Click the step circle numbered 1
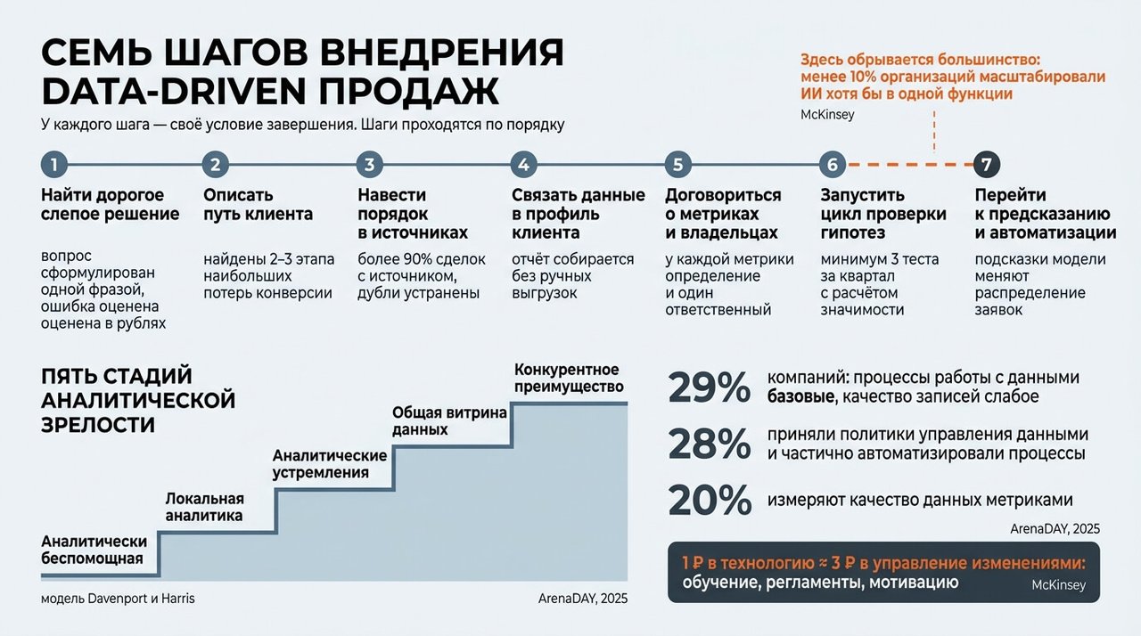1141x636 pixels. click(54, 164)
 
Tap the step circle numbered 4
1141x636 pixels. click(523, 164)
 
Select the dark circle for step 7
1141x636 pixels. click(987, 164)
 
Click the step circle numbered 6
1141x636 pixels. click(833, 164)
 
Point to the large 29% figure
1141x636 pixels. click(709, 387)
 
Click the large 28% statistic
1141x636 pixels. click(709, 444)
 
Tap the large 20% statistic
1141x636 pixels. click(710, 500)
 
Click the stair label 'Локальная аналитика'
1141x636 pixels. click(204, 507)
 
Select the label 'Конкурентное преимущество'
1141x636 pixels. click(569, 378)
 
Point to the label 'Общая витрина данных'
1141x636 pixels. click(449, 420)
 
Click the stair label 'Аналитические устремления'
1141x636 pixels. click(330, 463)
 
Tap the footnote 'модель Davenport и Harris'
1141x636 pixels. click(118, 599)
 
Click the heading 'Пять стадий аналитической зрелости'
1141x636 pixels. click(138, 400)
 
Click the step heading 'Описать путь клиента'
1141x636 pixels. click(258, 205)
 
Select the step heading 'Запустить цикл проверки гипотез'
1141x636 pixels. click(883, 214)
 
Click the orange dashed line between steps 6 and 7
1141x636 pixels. click(910, 164)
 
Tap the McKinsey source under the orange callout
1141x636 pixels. click(827, 115)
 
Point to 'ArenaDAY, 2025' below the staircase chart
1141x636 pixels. click(583, 599)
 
